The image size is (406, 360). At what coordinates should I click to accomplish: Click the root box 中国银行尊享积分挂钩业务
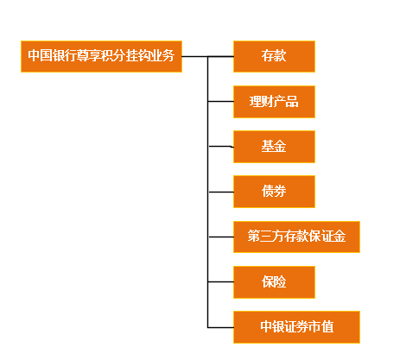(101, 56)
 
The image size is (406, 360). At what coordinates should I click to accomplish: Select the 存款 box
(274, 56)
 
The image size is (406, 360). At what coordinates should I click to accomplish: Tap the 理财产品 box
(274, 102)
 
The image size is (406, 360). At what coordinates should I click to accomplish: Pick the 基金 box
(274, 147)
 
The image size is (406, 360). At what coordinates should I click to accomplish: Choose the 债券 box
(274, 192)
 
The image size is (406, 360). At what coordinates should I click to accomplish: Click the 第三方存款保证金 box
(296, 237)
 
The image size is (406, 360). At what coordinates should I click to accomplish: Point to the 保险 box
(274, 282)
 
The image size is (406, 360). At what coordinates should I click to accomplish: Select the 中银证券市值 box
(296, 327)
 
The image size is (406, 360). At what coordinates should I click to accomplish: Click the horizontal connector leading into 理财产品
(220, 102)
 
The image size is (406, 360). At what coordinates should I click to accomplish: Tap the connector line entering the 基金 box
(221, 147)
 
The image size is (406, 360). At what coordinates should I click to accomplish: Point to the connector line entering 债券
(221, 192)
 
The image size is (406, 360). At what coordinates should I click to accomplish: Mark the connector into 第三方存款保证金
(221, 237)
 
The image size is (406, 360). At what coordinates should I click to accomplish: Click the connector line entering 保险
(221, 282)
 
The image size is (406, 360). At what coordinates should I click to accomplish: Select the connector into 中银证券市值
(220, 327)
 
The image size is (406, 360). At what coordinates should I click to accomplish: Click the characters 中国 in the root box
(40, 55)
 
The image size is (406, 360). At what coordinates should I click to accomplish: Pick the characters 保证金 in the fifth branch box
(327, 236)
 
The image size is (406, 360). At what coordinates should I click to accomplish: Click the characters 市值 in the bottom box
(321, 326)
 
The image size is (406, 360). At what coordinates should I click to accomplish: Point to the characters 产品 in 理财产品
(286, 101)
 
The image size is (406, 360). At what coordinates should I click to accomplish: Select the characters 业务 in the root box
(162, 55)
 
